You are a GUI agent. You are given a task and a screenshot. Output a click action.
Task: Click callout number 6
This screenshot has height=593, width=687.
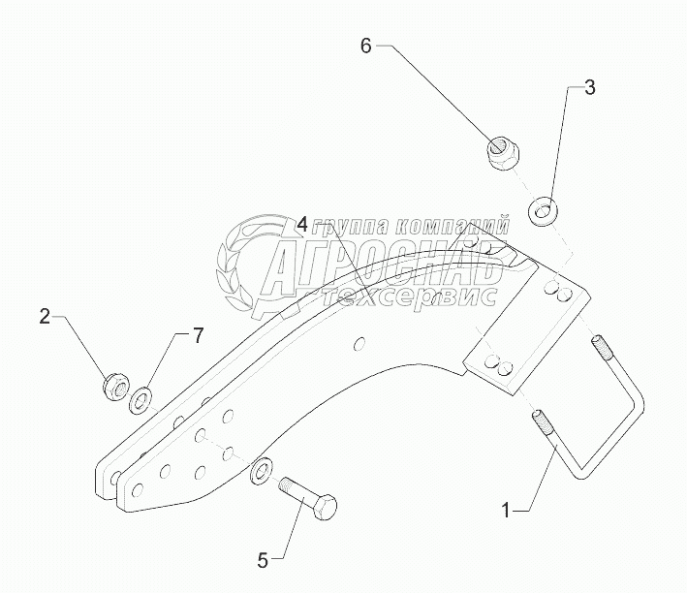pos(366,46)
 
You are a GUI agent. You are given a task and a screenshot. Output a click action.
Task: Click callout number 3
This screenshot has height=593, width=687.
pos(589,88)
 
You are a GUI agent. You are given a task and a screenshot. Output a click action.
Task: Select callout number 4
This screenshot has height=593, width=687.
pos(302,225)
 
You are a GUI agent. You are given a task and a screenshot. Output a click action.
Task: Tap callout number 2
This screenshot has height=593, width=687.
pos(45,316)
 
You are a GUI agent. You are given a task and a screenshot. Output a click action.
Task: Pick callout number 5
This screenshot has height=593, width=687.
pos(262,558)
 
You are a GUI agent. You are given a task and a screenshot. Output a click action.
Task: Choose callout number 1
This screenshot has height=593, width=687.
pos(505,508)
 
